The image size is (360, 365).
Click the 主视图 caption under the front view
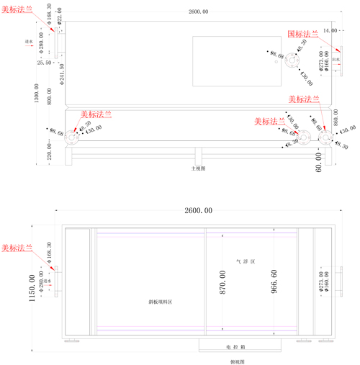coord(198,168)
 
